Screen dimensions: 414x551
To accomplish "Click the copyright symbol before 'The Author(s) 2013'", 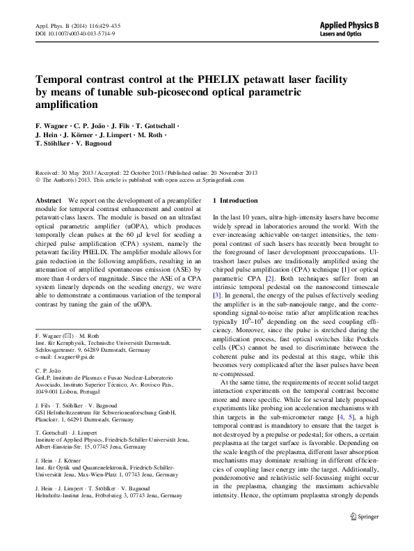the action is point(38,179).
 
